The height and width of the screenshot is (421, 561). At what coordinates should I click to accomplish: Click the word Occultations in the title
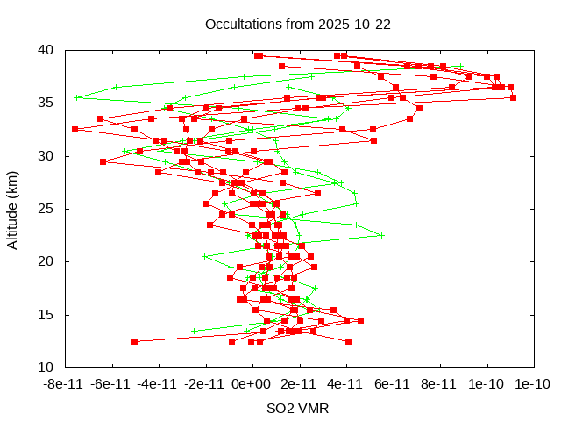pos(243,24)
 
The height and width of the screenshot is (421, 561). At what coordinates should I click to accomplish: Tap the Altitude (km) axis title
pos(13,209)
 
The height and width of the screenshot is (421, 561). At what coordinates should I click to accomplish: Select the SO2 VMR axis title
pos(298,408)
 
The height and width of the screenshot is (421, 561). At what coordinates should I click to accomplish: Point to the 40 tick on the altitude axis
pos(47,50)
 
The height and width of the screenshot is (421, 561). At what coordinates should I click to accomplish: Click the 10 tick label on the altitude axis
pos(47,367)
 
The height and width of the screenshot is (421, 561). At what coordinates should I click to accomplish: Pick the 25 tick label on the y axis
pos(47,209)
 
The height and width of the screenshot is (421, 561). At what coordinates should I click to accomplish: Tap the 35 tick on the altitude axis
pos(47,103)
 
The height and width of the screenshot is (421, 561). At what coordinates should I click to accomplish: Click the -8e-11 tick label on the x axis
pos(65,383)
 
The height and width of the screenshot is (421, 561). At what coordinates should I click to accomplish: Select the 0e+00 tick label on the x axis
pos(252,383)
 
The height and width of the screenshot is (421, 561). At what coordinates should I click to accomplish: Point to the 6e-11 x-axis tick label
pos(393,383)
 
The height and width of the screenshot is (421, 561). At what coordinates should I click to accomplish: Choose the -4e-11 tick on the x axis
pos(159,383)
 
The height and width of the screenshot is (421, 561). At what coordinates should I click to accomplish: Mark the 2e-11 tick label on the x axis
pos(299,383)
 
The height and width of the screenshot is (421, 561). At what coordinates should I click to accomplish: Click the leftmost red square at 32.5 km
pos(75,129)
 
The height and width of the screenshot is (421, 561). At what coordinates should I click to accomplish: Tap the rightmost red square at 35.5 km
pos(513,97)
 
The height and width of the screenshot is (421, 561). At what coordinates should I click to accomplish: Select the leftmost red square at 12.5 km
pos(134,341)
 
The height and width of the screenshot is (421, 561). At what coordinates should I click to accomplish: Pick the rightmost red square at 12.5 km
pos(348,341)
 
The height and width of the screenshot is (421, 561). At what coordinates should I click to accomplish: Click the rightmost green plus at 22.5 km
pos(381,235)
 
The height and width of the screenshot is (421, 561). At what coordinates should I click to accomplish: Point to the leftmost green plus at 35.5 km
pos(77,97)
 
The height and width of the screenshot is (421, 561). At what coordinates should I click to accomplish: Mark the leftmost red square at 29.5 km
pos(103,161)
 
